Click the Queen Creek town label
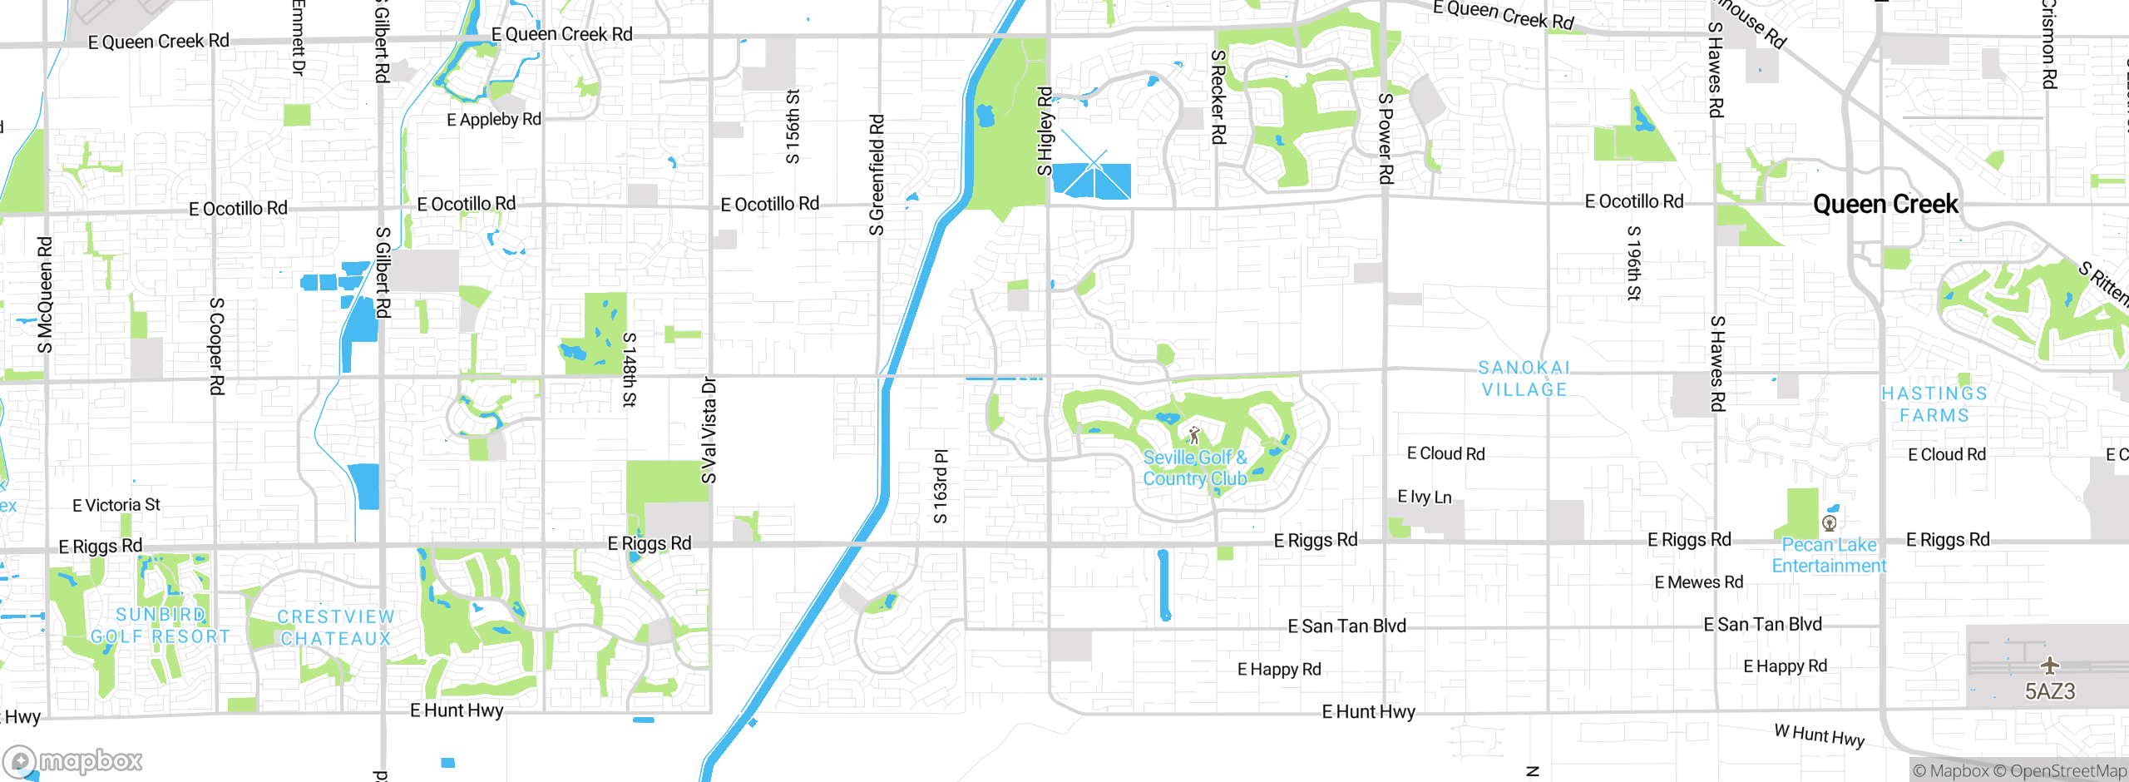tap(1885, 205)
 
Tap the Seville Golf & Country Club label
tap(1195, 468)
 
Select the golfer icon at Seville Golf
tap(1195, 435)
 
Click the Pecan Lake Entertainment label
tap(1829, 556)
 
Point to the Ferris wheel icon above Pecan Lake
tap(1829, 523)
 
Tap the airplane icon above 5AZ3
tap(2050, 666)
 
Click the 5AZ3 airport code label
tap(2050, 691)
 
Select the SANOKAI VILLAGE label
tap(1524, 379)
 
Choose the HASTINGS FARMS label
tap(1934, 404)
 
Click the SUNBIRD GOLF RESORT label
tap(161, 626)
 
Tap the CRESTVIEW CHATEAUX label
tap(336, 628)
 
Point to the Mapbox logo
tap(73, 761)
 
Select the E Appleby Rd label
tap(494, 120)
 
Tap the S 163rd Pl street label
tap(941, 487)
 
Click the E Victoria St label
tap(116, 505)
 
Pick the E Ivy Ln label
tap(1425, 497)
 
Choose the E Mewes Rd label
tap(1699, 582)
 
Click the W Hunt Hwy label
tap(1820, 735)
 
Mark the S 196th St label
tap(1634, 263)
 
